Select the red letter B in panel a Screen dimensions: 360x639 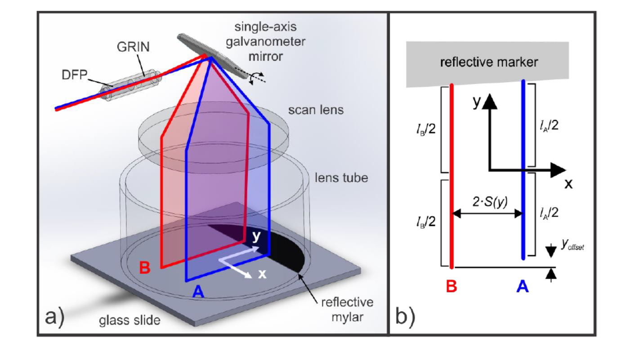coord(144,267)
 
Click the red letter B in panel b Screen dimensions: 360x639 coord(452,286)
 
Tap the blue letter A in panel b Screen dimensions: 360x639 coord(522,286)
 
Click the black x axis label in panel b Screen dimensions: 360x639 coord(568,184)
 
